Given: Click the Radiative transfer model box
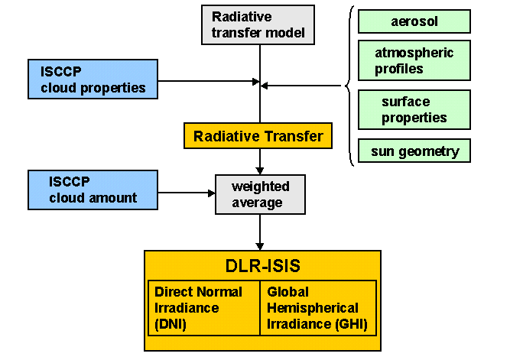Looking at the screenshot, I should [x=259, y=24].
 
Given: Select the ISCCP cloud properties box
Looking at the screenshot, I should [x=93, y=79].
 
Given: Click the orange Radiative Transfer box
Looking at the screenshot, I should [x=258, y=137].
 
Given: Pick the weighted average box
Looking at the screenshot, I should [x=259, y=194].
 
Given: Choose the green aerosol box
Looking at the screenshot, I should [x=414, y=21].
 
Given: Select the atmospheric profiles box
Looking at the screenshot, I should [x=414, y=60].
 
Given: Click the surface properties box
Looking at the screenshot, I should [x=414, y=110].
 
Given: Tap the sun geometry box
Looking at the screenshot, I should [x=414, y=151].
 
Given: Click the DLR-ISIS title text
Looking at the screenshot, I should [x=261, y=266].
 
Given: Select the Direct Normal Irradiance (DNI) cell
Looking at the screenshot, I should [x=203, y=308].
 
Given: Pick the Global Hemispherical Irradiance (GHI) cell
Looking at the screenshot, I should [x=317, y=308].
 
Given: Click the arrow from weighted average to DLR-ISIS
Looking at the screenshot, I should [x=260, y=232].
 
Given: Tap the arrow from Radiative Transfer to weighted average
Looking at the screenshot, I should [x=260, y=162].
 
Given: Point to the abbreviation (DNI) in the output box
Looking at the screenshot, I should [x=171, y=323].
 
